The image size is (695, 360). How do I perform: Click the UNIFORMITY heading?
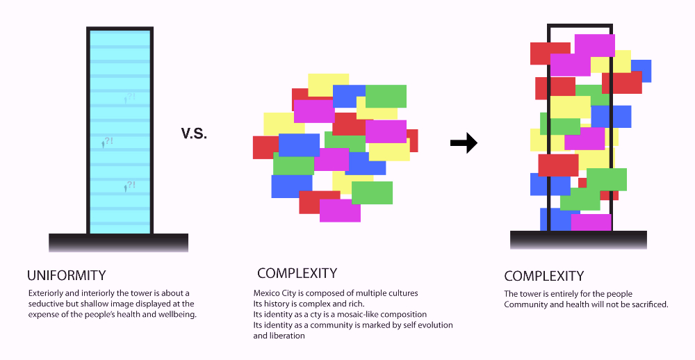coord(67,275)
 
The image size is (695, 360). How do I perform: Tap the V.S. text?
coord(194,133)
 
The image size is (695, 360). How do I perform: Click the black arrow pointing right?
coord(464,142)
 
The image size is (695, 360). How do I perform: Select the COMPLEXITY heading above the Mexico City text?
coord(297,273)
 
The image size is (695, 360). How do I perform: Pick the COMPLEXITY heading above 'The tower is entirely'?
coord(544,276)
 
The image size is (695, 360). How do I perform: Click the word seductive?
coord(46,304)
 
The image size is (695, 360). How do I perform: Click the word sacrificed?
coord(649,304)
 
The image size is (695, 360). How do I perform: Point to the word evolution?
coord(435,325)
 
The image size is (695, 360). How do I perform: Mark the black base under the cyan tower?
coord(118,243)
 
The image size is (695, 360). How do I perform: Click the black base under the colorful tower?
coord(578,240)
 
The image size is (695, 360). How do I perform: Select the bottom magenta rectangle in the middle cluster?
coord(340,211)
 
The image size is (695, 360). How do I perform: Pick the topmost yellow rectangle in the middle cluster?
coord(329,85)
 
